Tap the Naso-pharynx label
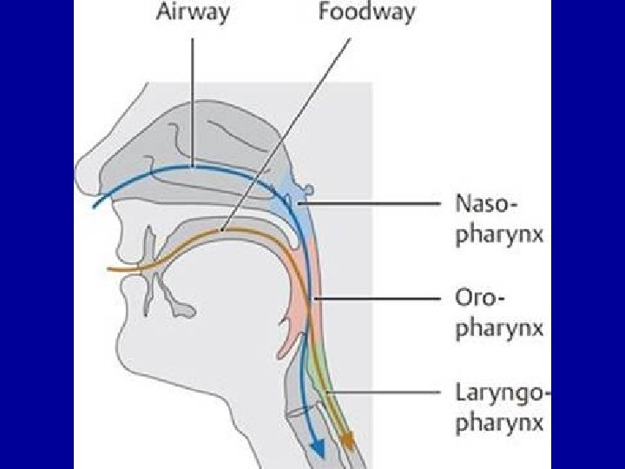499,221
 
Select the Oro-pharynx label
499,314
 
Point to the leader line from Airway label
192,96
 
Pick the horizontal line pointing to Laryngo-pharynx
391,392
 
